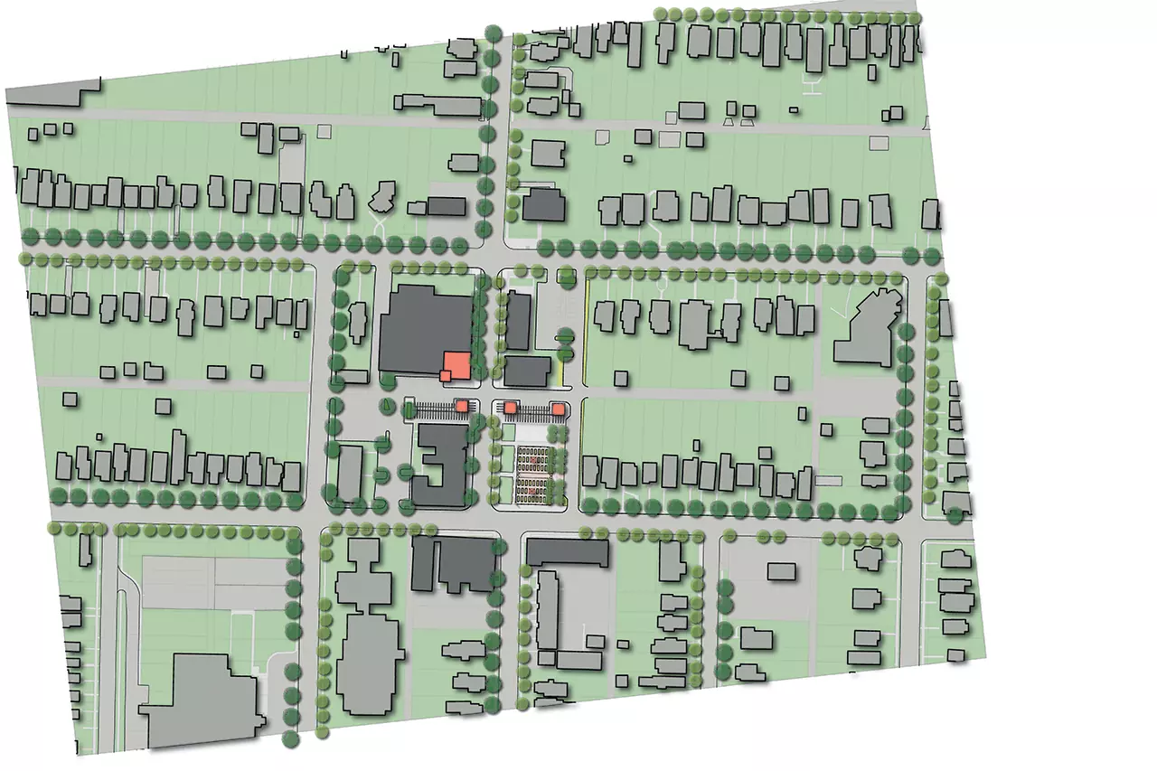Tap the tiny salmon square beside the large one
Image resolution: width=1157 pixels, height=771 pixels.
click(445, 375)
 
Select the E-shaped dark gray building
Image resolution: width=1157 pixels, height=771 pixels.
click(438, 467)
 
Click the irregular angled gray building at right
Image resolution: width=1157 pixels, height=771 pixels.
click(869, 326)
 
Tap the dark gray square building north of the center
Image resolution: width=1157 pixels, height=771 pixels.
click(543, 205)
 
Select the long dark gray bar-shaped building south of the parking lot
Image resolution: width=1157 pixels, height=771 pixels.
click(567, 552)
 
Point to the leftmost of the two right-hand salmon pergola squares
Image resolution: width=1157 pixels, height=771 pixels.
click(510, 409)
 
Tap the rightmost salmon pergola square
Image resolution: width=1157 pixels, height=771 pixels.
click(559, 410)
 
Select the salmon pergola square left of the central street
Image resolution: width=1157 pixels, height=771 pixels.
click(462, 407)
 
